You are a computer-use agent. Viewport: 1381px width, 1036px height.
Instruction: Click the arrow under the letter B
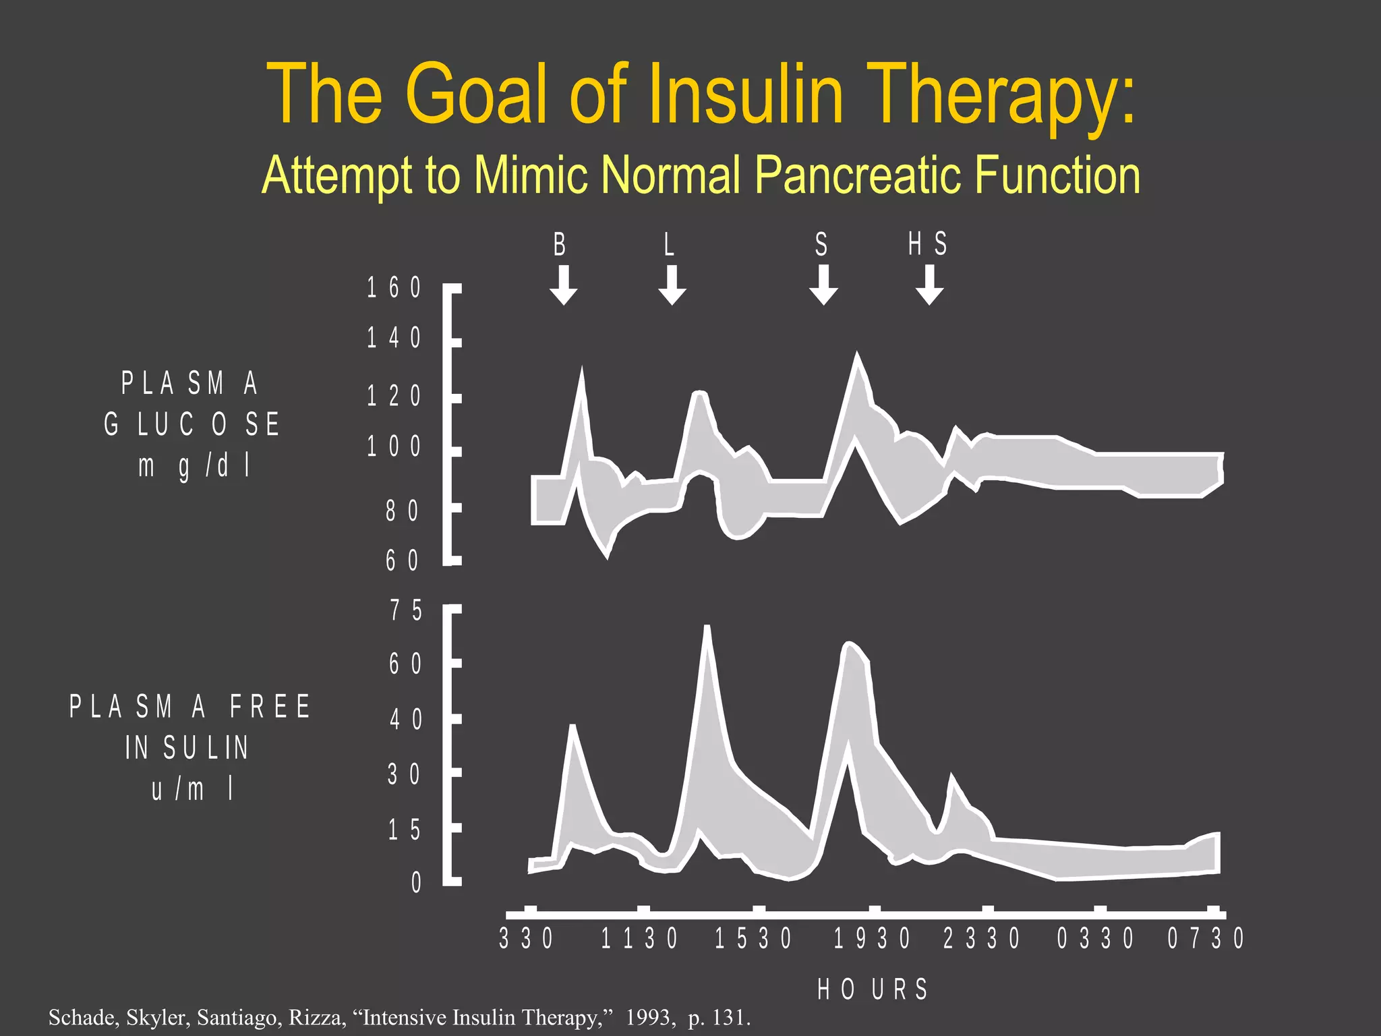563,285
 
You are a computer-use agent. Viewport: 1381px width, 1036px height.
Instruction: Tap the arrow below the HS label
929,285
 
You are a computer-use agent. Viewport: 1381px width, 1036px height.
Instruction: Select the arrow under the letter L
672,285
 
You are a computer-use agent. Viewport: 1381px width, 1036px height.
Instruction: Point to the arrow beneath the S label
823,285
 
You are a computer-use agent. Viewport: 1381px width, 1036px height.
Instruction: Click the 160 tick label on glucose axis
394,288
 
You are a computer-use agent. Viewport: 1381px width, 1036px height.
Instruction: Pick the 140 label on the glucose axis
394,338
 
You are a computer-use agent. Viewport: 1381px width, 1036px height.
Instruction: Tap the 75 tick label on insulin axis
406,610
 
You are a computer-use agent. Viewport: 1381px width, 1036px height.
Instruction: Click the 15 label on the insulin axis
405,830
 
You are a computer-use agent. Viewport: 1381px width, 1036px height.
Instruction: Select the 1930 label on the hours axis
873,939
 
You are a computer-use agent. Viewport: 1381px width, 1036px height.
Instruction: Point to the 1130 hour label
639,939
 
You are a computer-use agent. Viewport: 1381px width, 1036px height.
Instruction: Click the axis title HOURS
873,989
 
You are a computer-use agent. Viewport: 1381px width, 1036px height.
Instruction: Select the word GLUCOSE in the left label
192,424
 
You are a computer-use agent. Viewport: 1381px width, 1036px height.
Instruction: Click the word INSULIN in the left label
187,747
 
